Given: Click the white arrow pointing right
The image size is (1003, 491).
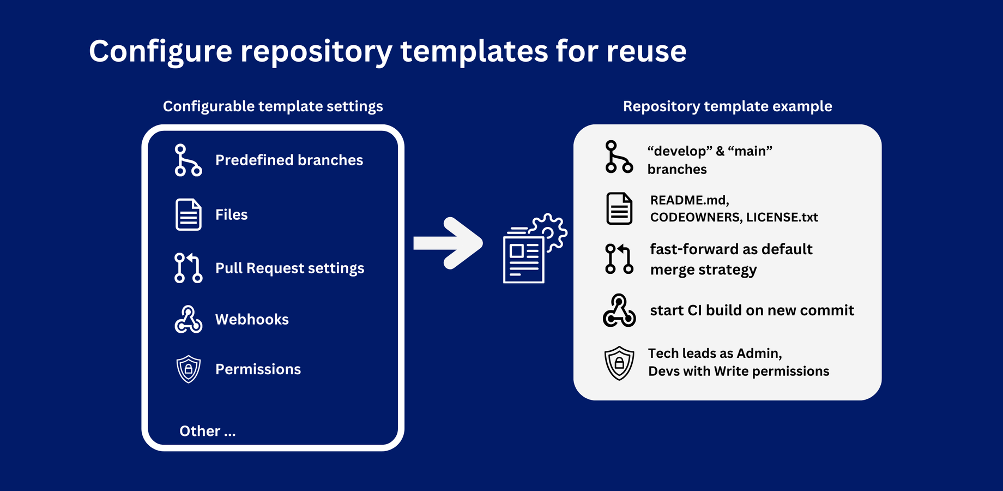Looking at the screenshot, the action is click(x=448, y=243).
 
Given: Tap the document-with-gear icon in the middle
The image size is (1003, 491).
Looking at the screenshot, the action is click(x=534, y=249).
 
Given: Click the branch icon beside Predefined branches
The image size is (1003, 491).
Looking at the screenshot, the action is click(x=188, y=160).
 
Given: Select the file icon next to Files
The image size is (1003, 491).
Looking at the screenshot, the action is click(x=189, y=214).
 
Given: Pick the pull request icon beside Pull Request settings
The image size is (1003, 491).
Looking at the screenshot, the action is click(x=188, y=268).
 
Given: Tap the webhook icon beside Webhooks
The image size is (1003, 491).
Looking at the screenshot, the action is click(x=189, y=320).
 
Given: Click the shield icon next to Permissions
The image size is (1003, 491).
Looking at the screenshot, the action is click(x=189, y=369).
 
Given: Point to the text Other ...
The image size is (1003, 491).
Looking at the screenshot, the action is click(x=200, y=431).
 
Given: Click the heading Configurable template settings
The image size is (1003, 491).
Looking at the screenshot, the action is click(x=273, y=106).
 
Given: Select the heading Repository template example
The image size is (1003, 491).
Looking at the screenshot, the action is click(x=728, y=106).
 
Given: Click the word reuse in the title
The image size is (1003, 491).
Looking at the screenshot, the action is click(x=646, y=51).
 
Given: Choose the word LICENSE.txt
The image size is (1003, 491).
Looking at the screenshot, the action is click(x=782, y=217).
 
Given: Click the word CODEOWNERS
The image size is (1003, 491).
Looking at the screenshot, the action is click(x=696, y=218).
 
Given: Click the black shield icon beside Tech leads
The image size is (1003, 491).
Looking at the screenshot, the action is click(x=619, y=363).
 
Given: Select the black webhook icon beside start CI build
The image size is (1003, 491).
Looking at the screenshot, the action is click(x=619, y=310).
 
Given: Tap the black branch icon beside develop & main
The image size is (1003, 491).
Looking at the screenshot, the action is click(x=619, y=157).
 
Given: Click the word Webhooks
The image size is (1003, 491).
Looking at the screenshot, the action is click(x=252, y=319).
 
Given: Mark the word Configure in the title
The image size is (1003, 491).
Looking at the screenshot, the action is click(x=161, y=52).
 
